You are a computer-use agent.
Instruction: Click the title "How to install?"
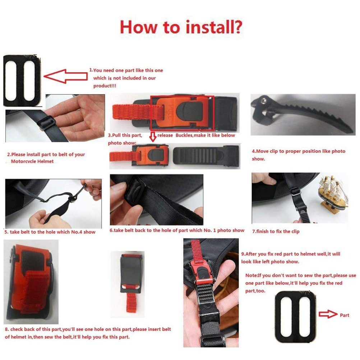click(x=181, y=27)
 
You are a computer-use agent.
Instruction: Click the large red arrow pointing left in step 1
click(x=65, y=76)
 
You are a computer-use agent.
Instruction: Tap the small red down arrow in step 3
click(x=153, y=137)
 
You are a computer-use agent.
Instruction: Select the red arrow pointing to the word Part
click(x=328, y=314)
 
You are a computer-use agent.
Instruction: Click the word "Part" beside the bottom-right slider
click(x=345, y=315)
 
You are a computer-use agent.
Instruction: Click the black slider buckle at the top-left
click(x=22, y=81)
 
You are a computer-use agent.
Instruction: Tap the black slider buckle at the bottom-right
click(x=295, y=317)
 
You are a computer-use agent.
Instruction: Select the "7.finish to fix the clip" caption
click(x=276, y=231)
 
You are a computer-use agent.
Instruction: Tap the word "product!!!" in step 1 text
click(x=105, y=86)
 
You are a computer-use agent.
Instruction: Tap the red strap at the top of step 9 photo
click(x=195, y=251)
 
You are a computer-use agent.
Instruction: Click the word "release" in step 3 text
click(x=165, y=135)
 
